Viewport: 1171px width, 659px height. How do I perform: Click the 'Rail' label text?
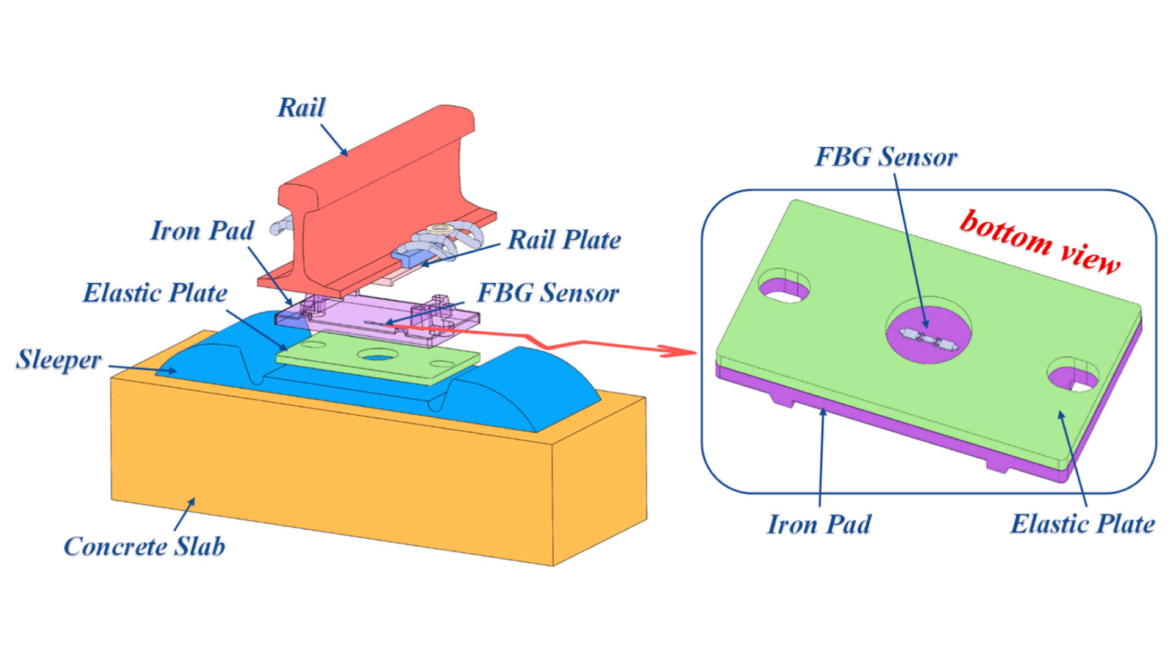coord(301,108)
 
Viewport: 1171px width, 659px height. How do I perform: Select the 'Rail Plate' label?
coord(564,240)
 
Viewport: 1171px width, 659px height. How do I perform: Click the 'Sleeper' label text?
coord(59,359)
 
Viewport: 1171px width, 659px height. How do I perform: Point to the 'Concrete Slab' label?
coord(145,546)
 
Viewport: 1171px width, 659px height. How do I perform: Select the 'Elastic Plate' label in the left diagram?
coord(155,293)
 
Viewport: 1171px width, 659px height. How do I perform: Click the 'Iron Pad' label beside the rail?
coord(202,231)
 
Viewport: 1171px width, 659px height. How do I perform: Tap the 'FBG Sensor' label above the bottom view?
coord(886,157)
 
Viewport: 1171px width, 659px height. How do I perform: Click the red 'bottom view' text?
coord(1040,241)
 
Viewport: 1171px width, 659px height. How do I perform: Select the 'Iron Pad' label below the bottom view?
coord(819,524)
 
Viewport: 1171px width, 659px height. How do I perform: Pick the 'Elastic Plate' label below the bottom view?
coord(1083,524)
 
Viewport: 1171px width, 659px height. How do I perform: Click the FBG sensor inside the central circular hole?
coord(928,339)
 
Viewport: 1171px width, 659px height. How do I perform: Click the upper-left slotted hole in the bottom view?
coord(784,287)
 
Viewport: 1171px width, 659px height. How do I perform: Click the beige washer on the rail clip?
coord(438,229)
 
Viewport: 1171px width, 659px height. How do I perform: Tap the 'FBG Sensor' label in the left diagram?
coord(548,293)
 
